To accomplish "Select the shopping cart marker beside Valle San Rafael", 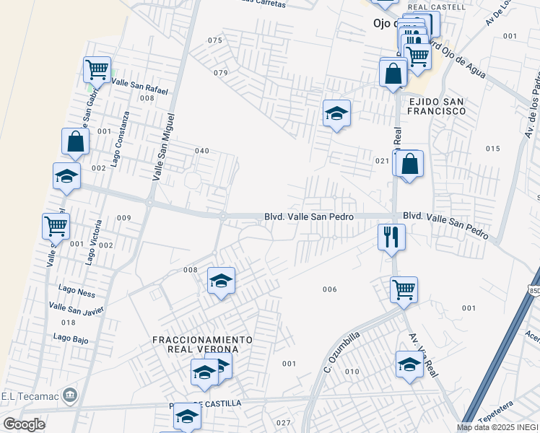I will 97,70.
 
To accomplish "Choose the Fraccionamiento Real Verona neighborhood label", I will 202,344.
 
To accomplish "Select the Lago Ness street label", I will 77,292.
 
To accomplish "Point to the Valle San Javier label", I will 77,309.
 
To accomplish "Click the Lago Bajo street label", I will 71,337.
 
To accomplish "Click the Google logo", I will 24,424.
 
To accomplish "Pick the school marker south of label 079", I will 336,113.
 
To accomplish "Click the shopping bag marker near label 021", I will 409,165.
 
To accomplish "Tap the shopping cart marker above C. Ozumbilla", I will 404,290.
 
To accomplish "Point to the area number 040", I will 202,151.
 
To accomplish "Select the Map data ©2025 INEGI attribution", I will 497,427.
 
